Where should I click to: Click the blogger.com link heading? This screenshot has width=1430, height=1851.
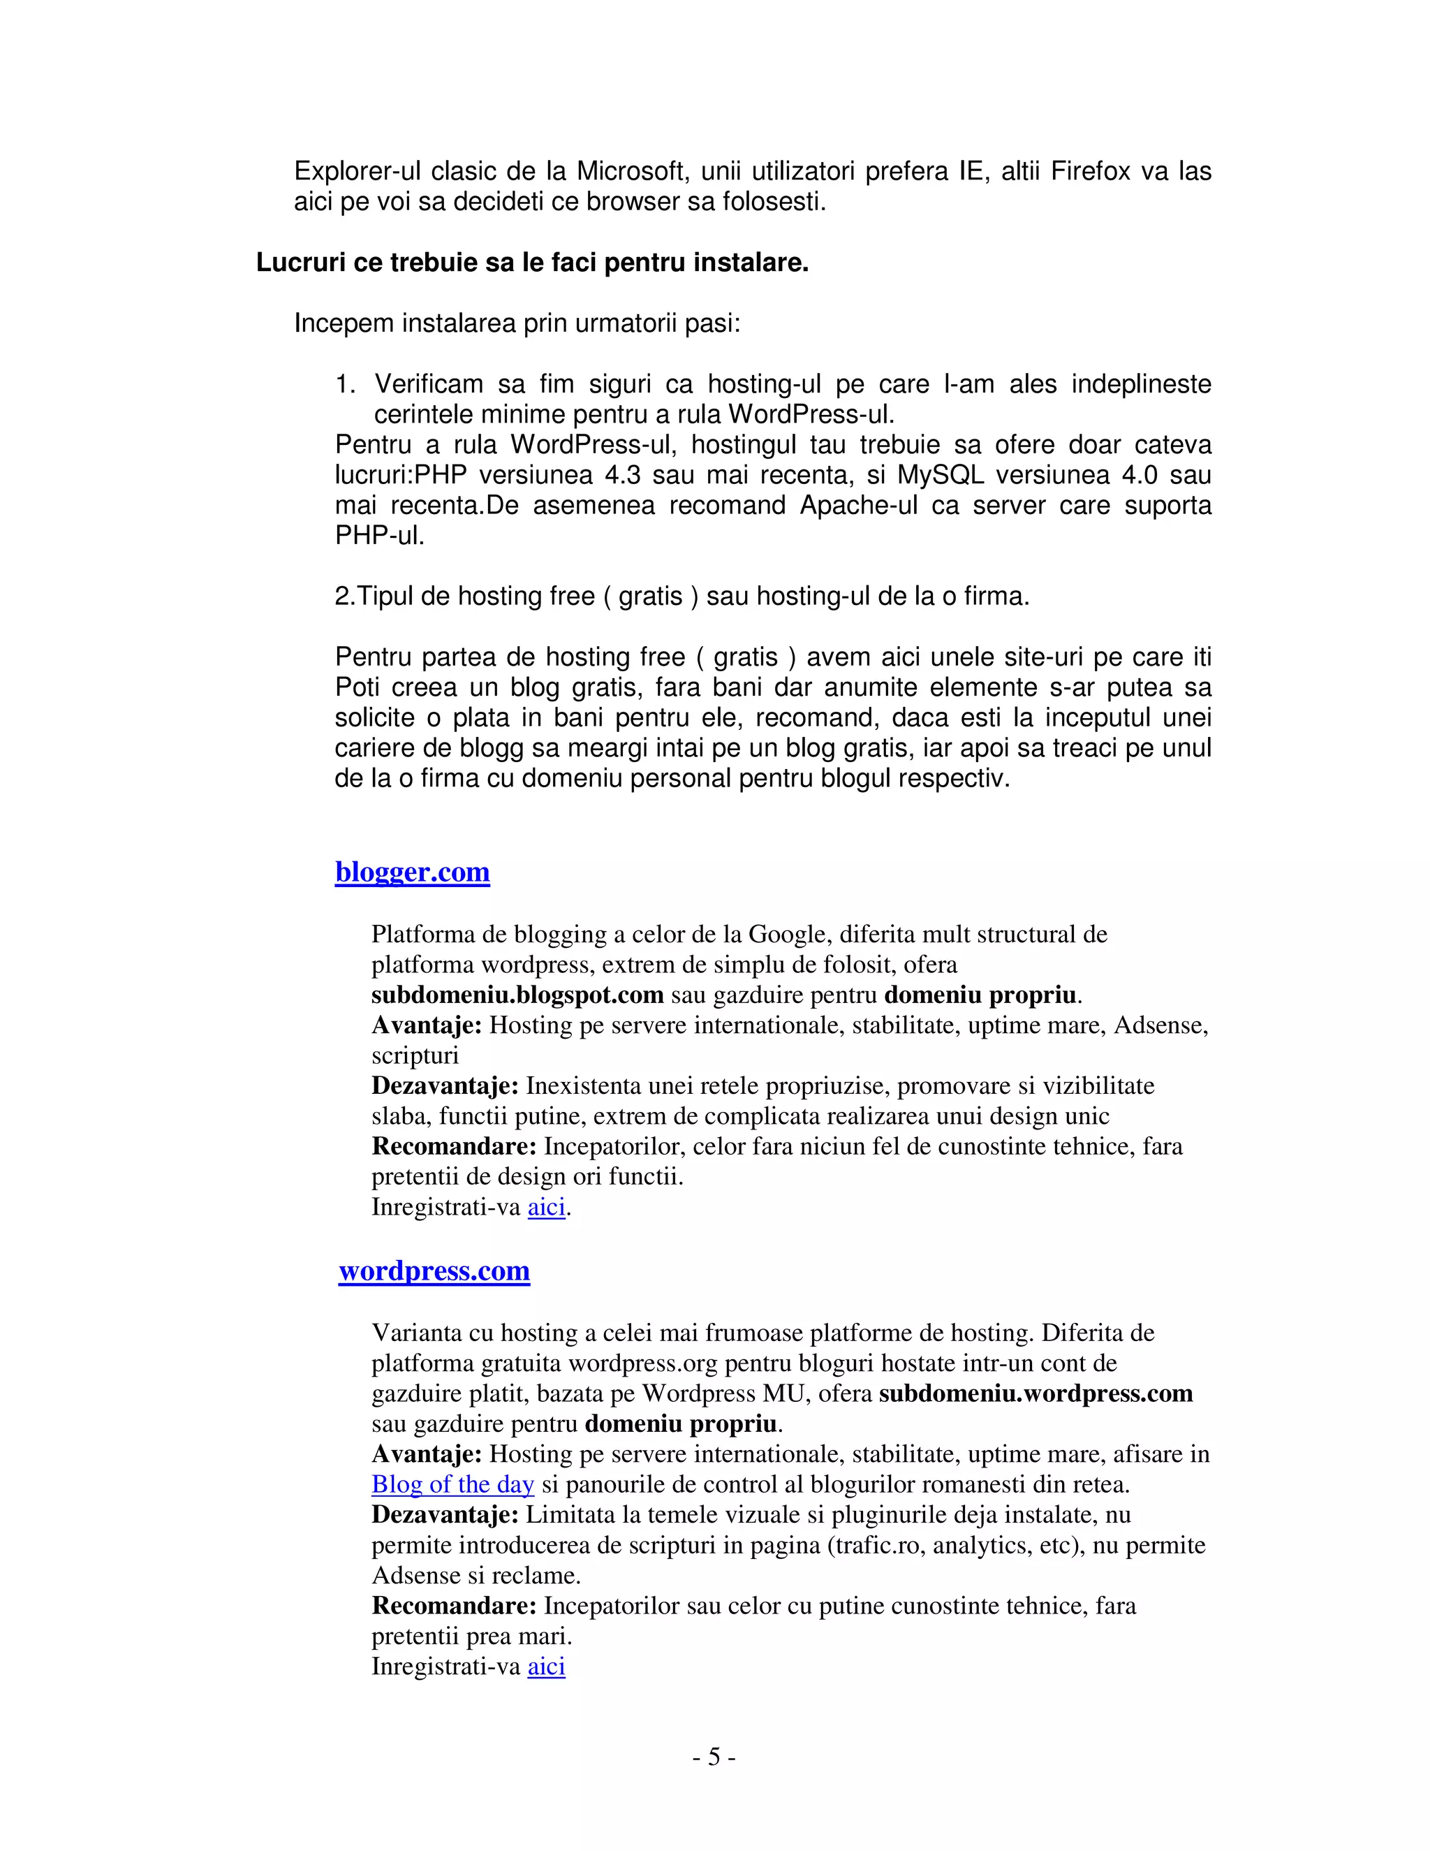coord(412,872)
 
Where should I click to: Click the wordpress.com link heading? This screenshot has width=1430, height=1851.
coord(434,1271)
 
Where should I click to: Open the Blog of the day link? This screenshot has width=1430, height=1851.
coord(452,1484)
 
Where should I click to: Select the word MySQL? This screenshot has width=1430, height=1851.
coord(941,476)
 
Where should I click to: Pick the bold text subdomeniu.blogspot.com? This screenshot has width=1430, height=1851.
coord(517,995)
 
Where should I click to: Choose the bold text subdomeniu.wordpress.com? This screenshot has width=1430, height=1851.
coord(1035,1393)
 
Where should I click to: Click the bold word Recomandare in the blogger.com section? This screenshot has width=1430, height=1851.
coord(454,1147)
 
